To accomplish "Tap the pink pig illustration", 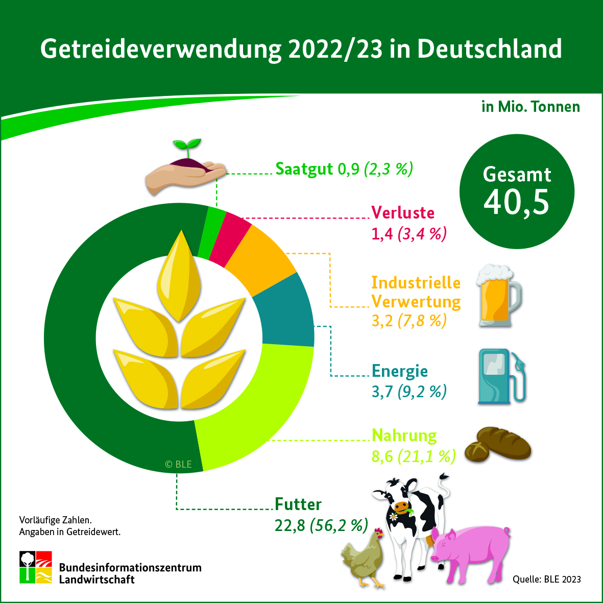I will pyautogui.click(x=470, y=551).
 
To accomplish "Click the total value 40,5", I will pyautogui.click(x=516, y=202).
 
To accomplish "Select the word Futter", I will pyautogui.click(x=298, y=504).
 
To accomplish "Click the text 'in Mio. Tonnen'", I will pyautogui.click(x=530, y=107).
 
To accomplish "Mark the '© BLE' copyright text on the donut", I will pyautogui.click(x=178, y=464).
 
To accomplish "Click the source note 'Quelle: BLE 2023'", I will pyautogui.click(x=546, y=579).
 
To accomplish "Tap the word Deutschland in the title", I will pyautogui.click(x=489, y=50).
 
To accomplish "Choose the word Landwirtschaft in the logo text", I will pyautogui.click(x=97, y=580).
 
